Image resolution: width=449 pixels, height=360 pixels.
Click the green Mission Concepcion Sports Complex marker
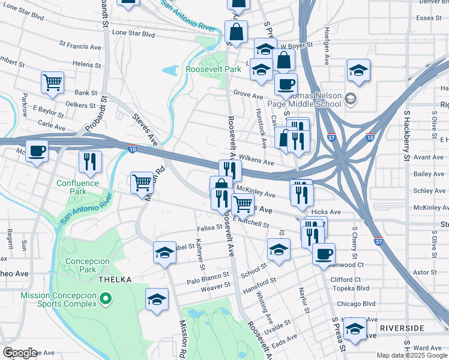106,298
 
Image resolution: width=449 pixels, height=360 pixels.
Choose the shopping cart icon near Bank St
53,83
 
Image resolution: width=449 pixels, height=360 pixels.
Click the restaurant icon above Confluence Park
90,161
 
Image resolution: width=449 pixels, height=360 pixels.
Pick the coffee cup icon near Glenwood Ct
324,254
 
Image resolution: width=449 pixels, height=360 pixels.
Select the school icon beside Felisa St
164,253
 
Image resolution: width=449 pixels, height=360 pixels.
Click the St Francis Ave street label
80,46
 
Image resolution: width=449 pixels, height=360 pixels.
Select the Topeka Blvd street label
354,288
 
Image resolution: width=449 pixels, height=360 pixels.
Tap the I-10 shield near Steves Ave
131,147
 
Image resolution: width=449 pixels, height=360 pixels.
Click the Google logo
20,353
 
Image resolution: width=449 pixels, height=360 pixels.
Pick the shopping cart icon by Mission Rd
142,182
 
